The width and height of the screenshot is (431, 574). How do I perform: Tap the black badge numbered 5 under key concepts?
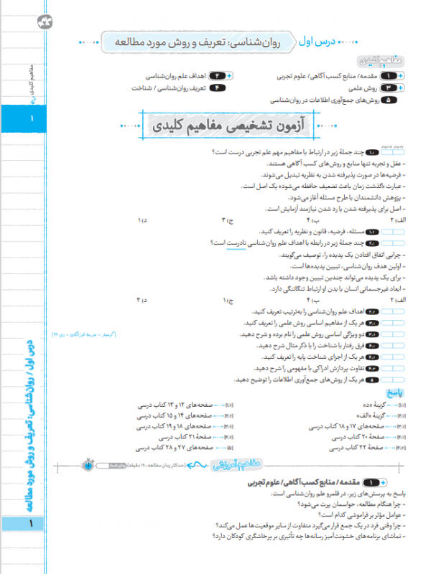[x=391, y=100]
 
